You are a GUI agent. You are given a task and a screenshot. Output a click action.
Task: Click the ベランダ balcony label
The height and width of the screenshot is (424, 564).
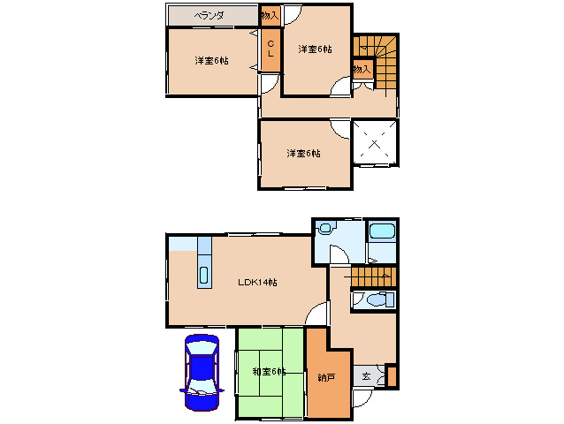pyautogui.click(x=209, y=15)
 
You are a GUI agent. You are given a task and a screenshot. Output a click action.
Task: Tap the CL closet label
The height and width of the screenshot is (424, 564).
pyautogui.click(x=271, y=49)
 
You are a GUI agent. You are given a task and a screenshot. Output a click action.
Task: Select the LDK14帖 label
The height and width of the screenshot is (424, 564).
pyautogui.click(x=257, y=282)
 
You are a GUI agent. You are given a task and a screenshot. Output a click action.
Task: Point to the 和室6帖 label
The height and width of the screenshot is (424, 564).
pyautogui.click(x=269, y=371)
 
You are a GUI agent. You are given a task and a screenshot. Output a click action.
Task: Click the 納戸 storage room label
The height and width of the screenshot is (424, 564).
pyautogui.click(x=326, y=377)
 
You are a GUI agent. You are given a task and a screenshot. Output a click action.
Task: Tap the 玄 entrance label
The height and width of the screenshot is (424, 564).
pyautogui.click(x=366, y=376)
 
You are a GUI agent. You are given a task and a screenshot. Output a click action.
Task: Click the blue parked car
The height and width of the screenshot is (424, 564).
pyautogui.click(x=202, y=372)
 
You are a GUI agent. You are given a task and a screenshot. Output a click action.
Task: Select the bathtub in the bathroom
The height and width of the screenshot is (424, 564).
pyautogui.click(x=382, y=231)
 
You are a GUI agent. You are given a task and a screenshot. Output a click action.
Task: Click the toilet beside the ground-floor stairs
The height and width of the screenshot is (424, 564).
pyautogui.click(x=377, y=299)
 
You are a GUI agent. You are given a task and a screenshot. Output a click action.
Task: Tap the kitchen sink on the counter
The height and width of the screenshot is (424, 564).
pyautogui.click(x=204, y=276)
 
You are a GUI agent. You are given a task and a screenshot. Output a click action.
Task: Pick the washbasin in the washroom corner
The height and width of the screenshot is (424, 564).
pyautogui.click(x=325, y=228)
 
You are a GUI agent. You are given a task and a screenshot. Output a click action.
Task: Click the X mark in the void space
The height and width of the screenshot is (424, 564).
pyautogui.click(x=375, y=144)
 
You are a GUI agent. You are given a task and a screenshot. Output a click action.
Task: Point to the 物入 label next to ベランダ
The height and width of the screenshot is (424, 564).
pyautogui.click(x=270, y=15)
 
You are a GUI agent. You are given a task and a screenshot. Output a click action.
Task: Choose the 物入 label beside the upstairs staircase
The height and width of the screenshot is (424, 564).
pyautogui.click(x=362, y=69)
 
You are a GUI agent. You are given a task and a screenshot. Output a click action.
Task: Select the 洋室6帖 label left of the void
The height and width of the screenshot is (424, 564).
pyautogui.click(x=303, y=153)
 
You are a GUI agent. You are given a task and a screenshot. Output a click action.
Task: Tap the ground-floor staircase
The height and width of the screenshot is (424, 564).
pyautogui.click(x=373, y=276)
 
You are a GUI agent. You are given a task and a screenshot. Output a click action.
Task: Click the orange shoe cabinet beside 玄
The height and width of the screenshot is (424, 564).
pyautogui.click(x=392, y=375)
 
